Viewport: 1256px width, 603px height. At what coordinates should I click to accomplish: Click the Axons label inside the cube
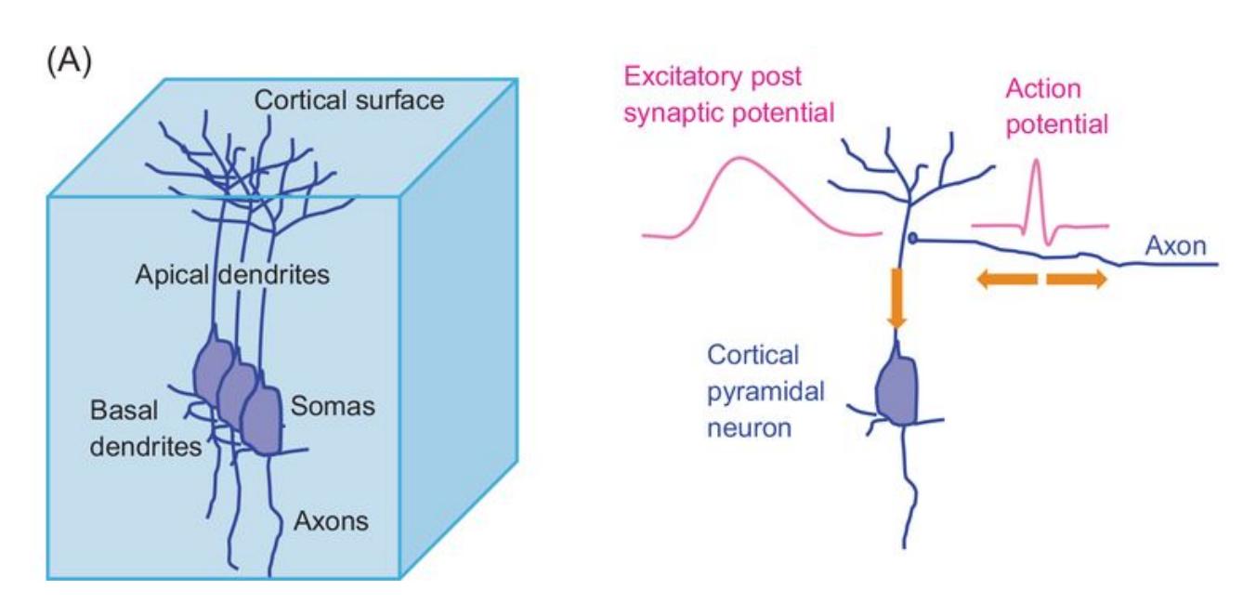(x=332, y=520)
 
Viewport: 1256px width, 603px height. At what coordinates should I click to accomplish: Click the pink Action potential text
(x=1057, y=108)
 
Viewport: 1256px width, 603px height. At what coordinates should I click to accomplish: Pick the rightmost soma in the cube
(x=265, y=418)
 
